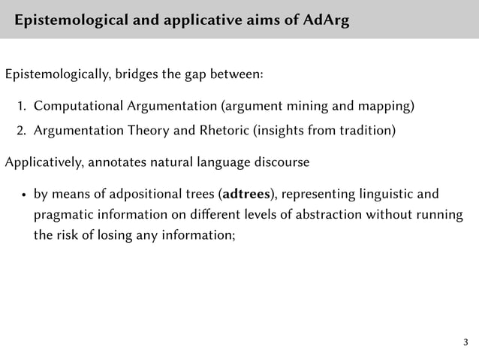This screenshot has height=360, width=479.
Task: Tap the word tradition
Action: click(x=363, y=132)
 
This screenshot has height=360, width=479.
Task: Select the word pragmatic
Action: click(x=61, y=216)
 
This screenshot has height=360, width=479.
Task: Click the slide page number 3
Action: click(x=465, y=343)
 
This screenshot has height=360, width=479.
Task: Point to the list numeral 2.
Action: click(x=22, y=132)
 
